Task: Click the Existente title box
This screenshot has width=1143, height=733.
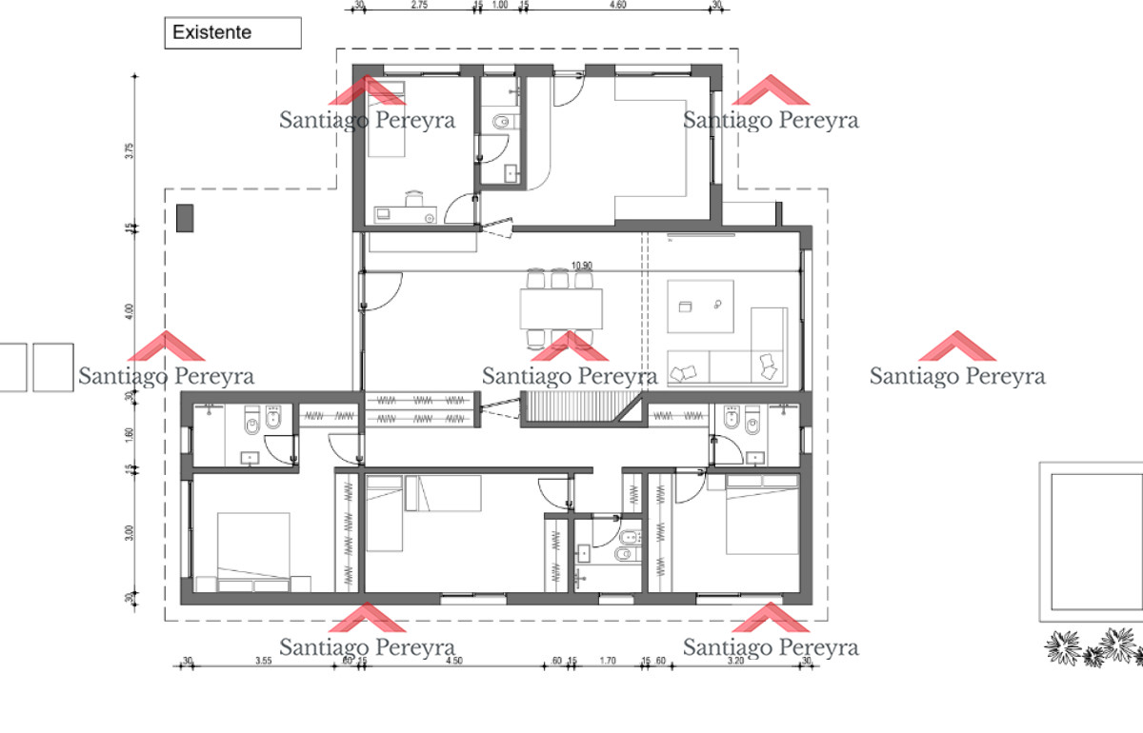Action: pos(232,32)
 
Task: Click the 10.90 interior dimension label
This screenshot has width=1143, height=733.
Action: pos(581,266)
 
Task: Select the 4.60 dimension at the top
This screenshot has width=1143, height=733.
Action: pos(617,5)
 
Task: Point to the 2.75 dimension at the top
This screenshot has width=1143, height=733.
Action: pos(418,5)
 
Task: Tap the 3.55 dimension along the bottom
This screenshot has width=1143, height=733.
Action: pos(264,660)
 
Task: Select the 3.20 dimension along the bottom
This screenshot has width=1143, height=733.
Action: pos(734,660)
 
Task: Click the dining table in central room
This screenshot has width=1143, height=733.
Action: pos(562,307)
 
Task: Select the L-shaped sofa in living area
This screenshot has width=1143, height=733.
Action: pos(752,357)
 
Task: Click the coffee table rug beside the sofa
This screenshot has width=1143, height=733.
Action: pos(700,306)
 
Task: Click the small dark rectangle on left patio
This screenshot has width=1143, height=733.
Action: pos(186,218)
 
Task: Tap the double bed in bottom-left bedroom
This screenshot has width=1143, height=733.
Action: pos(252,552)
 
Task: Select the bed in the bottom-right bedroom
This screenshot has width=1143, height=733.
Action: pos(762,514)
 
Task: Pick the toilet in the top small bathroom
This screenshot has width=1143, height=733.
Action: pos(503,121)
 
